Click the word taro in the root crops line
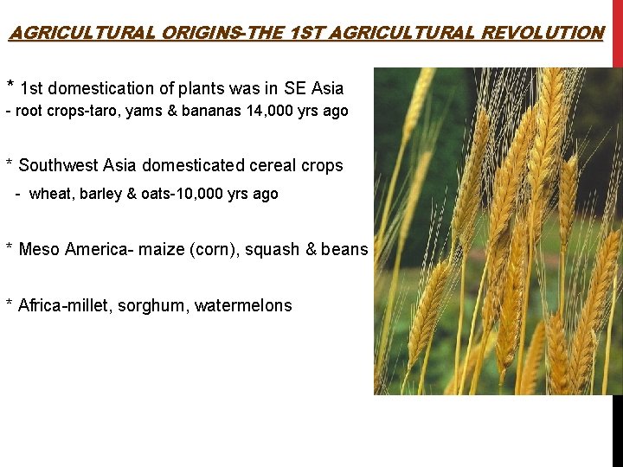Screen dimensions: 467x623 click(x=89, y=112)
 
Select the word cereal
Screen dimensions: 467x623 click(x=273, y=165)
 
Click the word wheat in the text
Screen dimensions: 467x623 click(x=48, y=194)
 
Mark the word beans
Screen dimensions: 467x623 click(x=344, y=249)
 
